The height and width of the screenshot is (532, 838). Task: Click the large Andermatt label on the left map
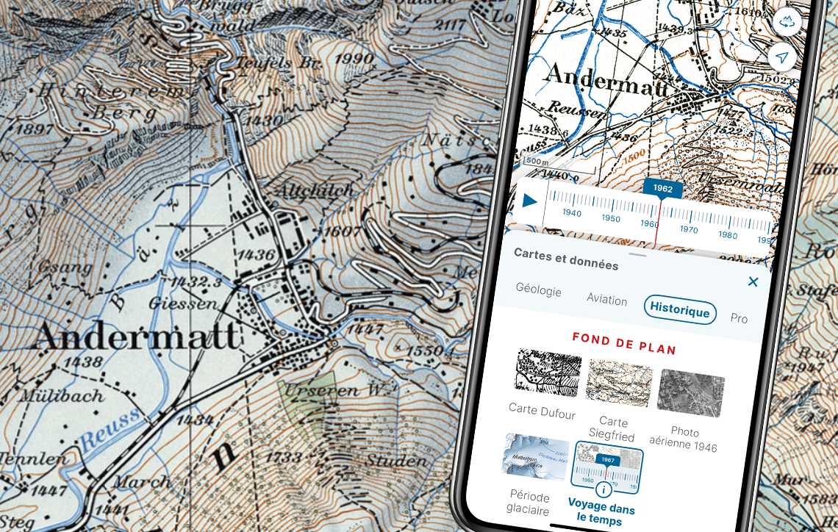[x=137, y=337]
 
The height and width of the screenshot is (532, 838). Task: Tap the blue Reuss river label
[x=110, y=429]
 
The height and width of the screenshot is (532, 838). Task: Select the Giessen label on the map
[x=183, y=302]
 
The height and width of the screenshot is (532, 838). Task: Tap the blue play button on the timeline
[x=529, y=201]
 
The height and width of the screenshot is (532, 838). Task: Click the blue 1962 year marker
[x=662, y=189]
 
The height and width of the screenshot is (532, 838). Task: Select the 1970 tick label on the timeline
[x=689, y=229]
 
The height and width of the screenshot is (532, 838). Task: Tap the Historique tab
[x=679, y=310]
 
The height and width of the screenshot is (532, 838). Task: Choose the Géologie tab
[x=538, y=290]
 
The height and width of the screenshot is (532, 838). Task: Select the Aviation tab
[x=606, y=300]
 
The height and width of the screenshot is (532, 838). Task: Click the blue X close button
[x=753, y=281]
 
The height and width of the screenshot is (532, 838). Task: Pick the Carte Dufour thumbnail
[x=548, y=372]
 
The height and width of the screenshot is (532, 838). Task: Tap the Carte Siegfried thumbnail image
[x=618, y=384]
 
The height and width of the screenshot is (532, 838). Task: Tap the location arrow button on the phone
[x=782, y=57]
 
